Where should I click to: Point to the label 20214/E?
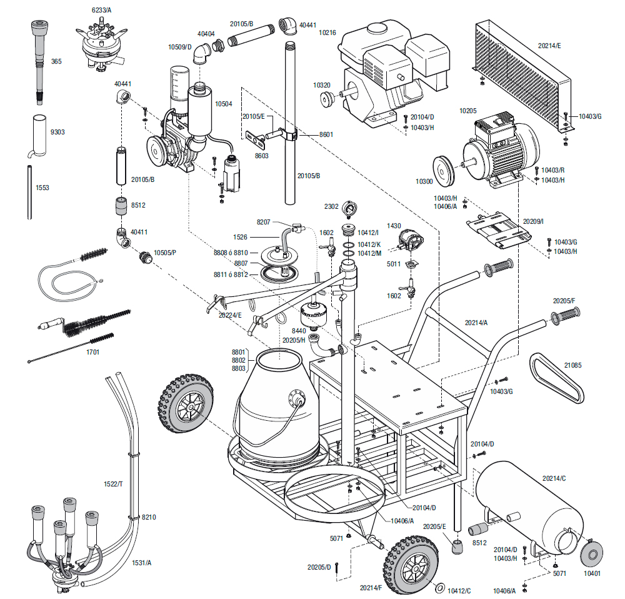tap(549, 46)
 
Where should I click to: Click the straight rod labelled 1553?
tap(29, 192)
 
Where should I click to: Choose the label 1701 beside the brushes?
tap(91, 352)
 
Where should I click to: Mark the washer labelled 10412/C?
tap(439, 588)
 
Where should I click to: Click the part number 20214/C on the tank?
tap(554, 478)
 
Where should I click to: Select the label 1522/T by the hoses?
tap(113, 485)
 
